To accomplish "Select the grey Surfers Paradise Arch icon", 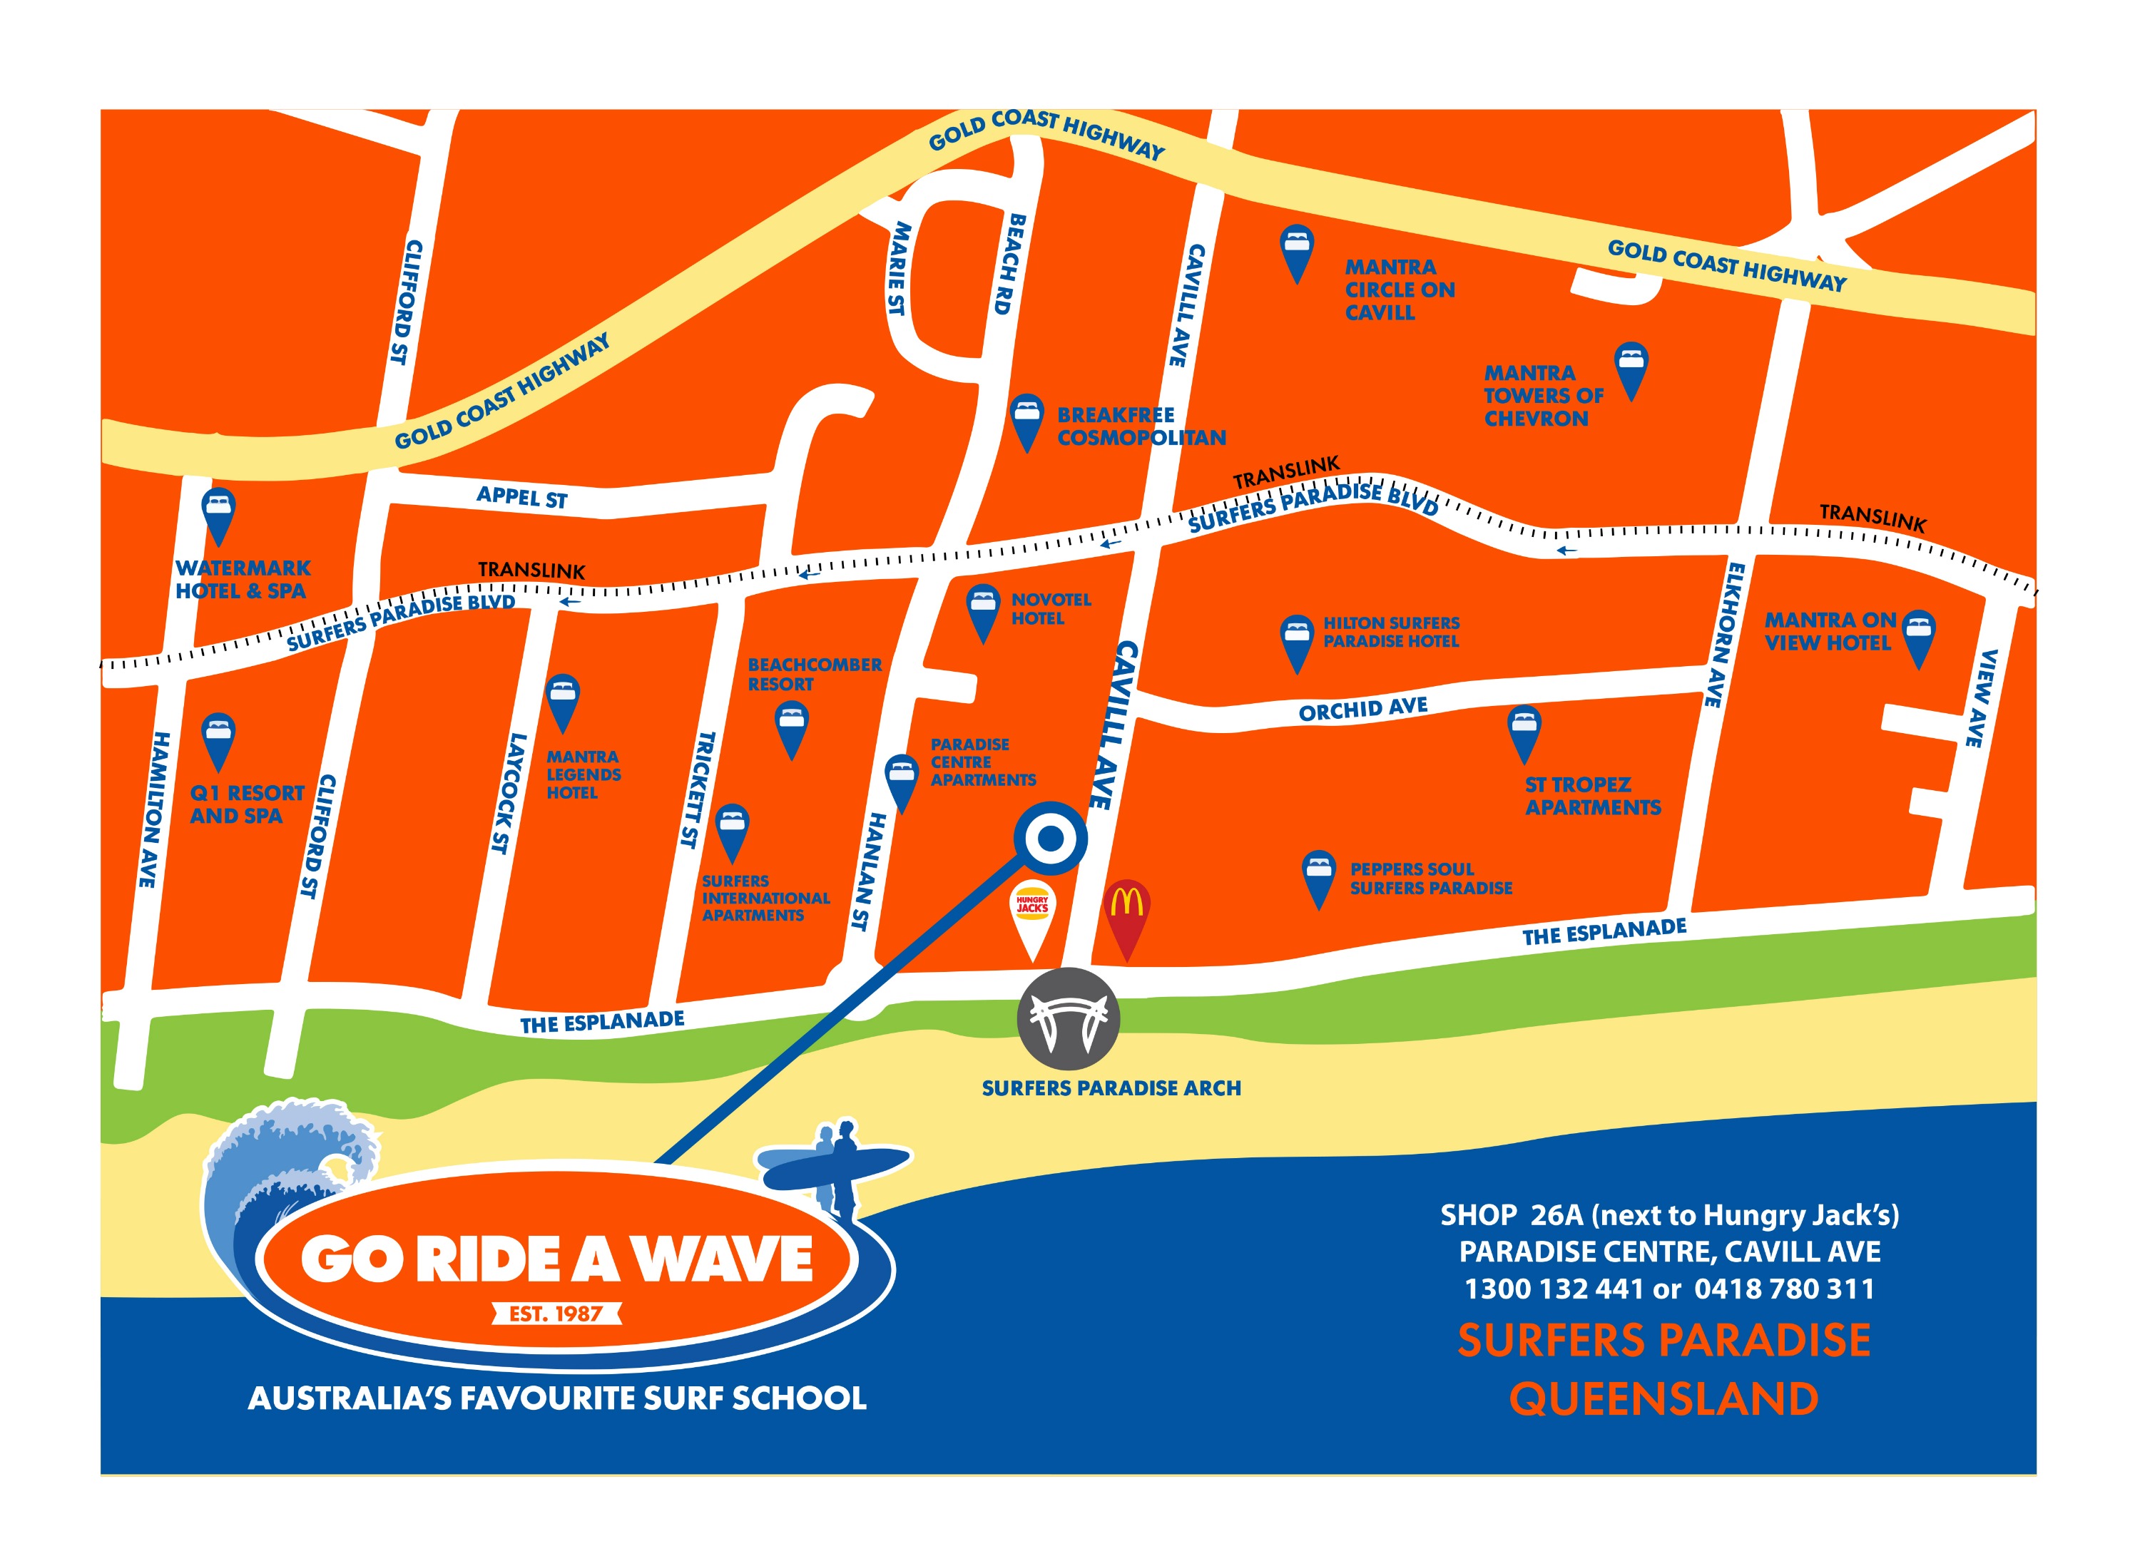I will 1069,1019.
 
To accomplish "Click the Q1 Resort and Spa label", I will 247,804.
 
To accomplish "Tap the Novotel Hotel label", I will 1051,608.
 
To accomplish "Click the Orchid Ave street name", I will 1362,708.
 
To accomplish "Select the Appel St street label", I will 521,497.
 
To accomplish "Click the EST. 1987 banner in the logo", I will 556,1313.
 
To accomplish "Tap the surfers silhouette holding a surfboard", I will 835,1165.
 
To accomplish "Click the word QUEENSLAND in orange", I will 1664,1399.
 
